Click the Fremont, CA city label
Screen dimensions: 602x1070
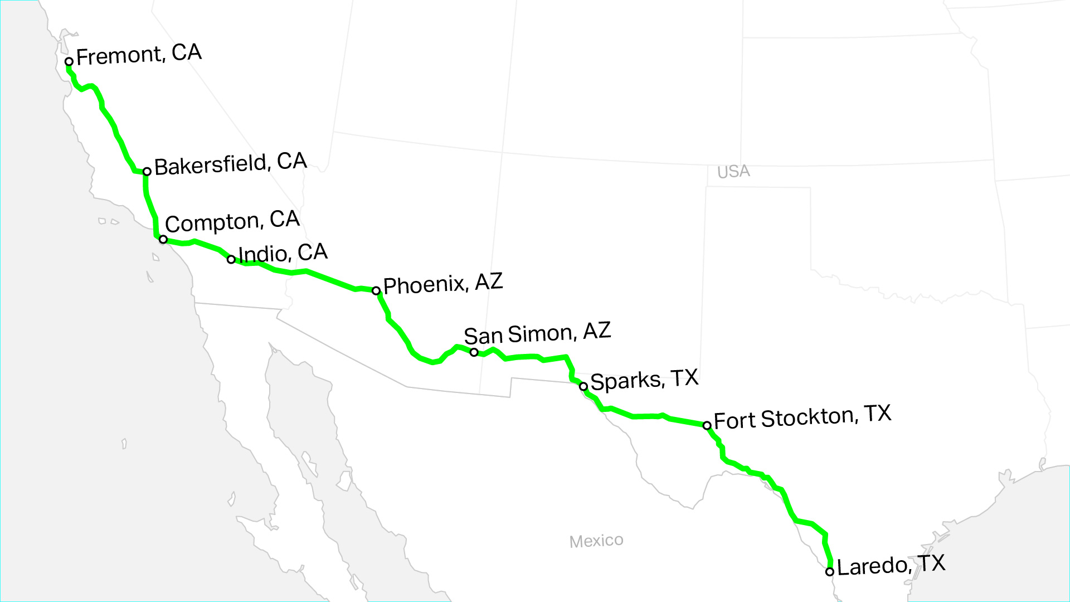click(x=139, y=54)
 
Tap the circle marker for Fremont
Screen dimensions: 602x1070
click(x=69, y=61)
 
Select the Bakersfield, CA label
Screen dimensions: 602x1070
click(x=230, y=164)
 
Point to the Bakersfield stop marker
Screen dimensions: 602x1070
click(x=147, y=172)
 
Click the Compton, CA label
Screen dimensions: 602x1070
click(x=232, y=221)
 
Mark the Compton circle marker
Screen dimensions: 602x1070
click(x=163, y=239)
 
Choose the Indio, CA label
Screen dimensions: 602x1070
click(x=283, y=253)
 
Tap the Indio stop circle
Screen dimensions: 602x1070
click(x=231, y=259)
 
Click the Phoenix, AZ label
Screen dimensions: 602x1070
click(x=443, y=284)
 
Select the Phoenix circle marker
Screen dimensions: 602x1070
click(x=376, y=290)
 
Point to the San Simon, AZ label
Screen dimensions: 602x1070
click(x=537, y=333)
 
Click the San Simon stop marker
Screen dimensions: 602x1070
click(x=474, y=352)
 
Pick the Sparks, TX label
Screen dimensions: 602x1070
click(x=644, y=380)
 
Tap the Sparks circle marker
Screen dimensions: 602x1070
click(x=583, y=386)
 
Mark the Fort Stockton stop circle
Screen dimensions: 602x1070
click(x=707, y=425)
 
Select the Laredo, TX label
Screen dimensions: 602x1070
click(x=891, y=565)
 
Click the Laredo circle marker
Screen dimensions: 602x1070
click(x=830, y=571)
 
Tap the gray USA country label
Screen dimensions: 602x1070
click(x=733, y=172)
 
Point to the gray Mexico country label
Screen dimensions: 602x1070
click(x=596, y=541)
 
